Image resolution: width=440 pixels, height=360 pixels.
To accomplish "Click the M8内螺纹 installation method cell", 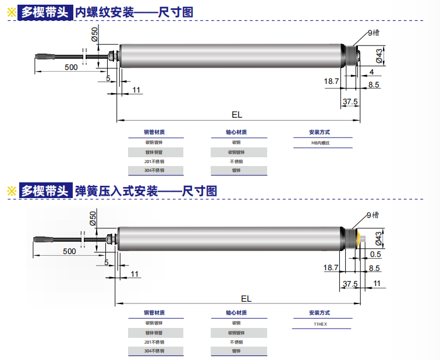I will click(323, 143).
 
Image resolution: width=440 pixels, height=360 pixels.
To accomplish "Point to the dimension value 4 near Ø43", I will click(371, 71).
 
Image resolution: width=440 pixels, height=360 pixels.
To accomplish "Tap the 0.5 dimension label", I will click(375, 254).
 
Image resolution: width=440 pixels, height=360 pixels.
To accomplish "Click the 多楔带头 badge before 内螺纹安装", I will click(44, 12).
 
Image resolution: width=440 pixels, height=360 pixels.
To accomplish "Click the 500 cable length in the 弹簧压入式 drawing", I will click(69, 251).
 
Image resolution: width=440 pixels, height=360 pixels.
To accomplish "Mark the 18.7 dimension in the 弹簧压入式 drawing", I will click(331, 267).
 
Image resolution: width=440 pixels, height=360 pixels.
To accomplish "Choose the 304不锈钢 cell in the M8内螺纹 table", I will click(154, 171).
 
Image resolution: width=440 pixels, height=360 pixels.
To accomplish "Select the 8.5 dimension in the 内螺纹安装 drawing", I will click(374, 85).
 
